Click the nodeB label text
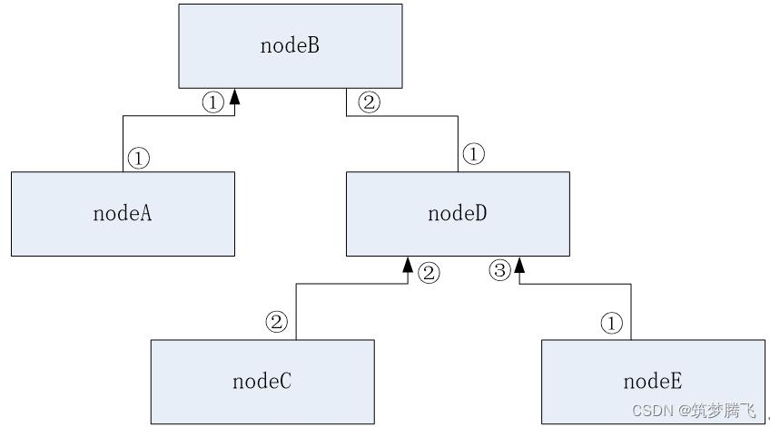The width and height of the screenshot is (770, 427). (290, 45)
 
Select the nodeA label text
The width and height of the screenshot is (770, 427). (123, 213)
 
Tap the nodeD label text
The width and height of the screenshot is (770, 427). (458, 213)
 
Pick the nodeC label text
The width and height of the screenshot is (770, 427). (262, 381)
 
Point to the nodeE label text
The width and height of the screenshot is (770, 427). (653, 381)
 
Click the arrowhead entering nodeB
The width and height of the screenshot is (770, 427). (235, 96)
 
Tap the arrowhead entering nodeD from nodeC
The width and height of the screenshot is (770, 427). (408, 264)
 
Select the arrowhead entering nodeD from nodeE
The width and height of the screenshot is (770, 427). (519, 264)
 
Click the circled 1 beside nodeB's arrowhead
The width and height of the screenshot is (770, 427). (213, 102)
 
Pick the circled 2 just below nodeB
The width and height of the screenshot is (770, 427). (370, 102)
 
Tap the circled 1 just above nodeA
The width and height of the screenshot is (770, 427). (139, 159)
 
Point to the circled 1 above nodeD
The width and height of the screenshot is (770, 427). (473, 154)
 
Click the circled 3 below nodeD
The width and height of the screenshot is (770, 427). (500, 270)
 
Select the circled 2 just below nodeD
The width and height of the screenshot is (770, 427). (429, 273)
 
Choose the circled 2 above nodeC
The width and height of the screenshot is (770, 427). (276, 322)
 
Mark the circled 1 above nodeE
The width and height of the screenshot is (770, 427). (611, 323)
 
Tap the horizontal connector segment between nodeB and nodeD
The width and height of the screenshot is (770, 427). (402, 116)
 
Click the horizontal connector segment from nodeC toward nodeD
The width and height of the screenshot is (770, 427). (351, 284)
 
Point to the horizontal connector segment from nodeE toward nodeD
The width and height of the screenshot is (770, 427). (575, 284)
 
